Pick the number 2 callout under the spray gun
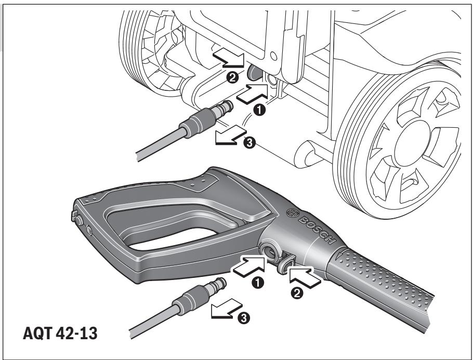[296, 293]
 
